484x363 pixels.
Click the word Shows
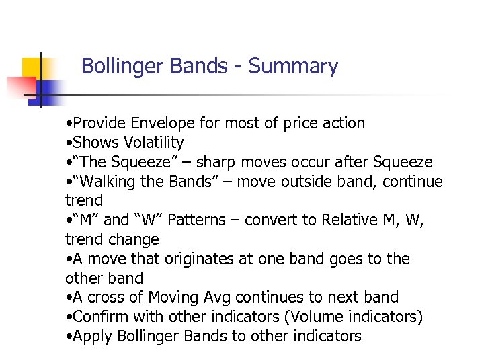(95, 143)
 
